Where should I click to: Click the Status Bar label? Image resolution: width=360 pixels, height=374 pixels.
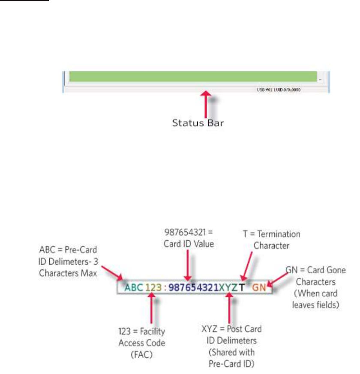[x=198, y=123]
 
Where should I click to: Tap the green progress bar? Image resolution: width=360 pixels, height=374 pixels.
[x=193, y=76]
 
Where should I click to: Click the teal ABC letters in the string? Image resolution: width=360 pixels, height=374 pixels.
[x=134, y=288]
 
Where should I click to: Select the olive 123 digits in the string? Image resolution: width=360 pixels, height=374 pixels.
[x=152, y=288]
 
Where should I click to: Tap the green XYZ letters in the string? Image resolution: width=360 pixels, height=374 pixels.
[x=228, y=288]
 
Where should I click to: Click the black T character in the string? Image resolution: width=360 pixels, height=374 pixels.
[x=241, y=288]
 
